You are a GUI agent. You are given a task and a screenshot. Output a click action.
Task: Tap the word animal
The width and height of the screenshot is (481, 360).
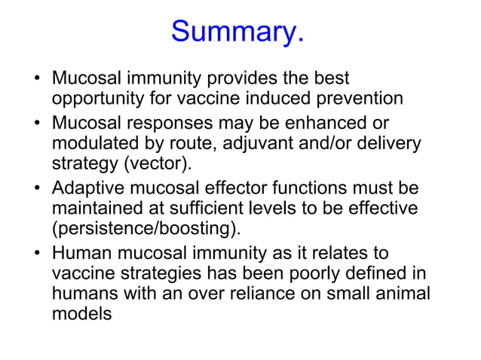coord(400,294)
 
